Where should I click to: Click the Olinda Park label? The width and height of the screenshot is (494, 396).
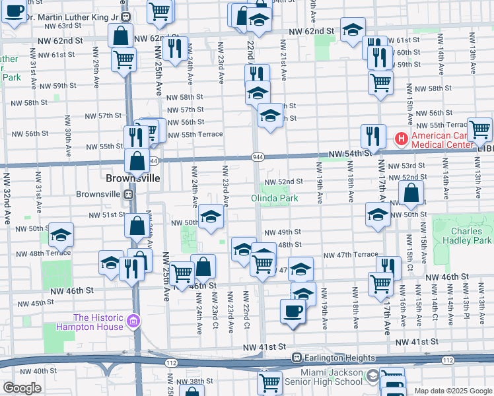[x=275, y=198]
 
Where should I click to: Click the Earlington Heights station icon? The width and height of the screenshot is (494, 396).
[x=297, y=358]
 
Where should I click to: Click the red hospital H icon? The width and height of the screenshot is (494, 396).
[x=400, y=139]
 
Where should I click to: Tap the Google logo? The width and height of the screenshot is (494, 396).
[x=22, y=388]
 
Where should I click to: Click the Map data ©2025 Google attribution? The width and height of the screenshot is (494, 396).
[x=452, y=390]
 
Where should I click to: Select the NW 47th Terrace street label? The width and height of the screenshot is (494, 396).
[x=350, y=255]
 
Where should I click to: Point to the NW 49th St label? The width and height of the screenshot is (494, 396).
[x=283, y=232]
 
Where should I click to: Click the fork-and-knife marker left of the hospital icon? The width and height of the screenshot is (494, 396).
[x=372, y=137]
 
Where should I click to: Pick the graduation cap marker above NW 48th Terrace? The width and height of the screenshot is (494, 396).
[x=61, y=236]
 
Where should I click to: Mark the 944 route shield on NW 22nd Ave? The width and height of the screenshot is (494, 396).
[x=258, y=157]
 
